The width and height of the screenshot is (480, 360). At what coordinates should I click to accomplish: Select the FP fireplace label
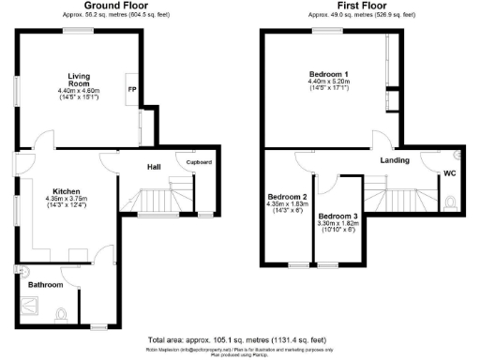(131, 91)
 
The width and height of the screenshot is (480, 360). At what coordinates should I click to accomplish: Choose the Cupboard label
(199, 162)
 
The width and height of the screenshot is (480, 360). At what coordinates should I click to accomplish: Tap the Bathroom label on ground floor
(45, 284)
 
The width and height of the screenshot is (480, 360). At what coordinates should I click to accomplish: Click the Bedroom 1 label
(329, 73)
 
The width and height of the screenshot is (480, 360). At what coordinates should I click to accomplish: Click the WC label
(450, 173)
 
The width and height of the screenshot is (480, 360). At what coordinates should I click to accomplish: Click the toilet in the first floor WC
(451, 200)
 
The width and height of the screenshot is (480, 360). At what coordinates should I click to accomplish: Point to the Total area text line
(240, 338)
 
